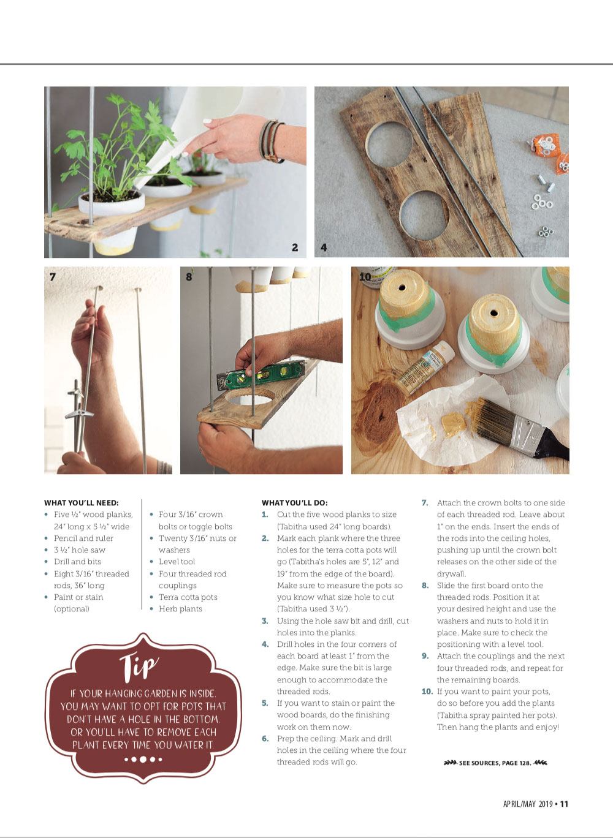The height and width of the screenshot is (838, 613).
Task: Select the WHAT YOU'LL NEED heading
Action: click(82, 503)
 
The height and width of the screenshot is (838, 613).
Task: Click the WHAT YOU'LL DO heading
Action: click(295, 503)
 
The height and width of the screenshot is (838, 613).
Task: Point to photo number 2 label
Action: click(295, 247)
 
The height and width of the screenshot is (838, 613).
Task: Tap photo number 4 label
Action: click(324, 247)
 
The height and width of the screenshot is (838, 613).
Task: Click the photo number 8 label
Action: click(189, 277)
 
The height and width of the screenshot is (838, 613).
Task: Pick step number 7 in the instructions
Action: click(425, 503)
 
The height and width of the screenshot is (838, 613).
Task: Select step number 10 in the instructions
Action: click(427, 692)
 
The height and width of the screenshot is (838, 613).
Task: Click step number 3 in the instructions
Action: click(265, 621)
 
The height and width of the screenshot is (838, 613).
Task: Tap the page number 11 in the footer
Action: click(564, 804)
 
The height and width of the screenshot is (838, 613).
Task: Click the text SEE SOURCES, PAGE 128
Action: click(495, 763)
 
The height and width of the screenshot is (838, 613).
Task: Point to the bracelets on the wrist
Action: click(271, 141)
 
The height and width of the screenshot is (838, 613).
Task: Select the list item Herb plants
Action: click(180, 609)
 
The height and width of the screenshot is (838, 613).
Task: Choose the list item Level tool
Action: click(177, 562)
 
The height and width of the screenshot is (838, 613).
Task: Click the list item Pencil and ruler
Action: click(83, 538)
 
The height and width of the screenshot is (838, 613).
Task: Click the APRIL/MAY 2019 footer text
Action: click(528, 804)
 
